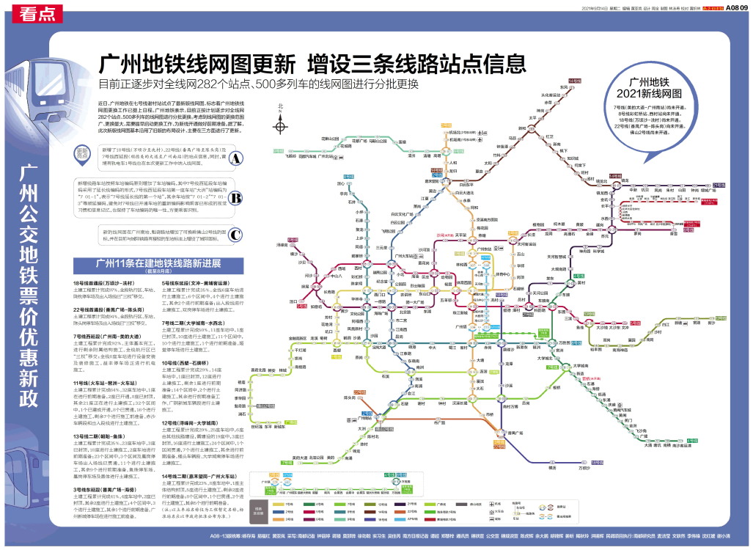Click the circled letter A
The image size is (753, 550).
click(x=236, y=158)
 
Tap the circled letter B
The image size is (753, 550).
click(x=236, y=197)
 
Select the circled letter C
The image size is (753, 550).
click(x=236, y=235)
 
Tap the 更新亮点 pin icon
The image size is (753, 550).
click(x=83, y=155)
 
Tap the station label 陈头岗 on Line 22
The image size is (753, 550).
click(x=359, y=396)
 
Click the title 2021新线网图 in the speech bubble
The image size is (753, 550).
click(x=649, y=94)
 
